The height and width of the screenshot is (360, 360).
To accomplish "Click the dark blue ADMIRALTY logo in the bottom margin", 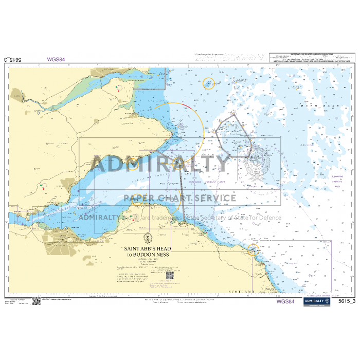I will [x=316, y=302].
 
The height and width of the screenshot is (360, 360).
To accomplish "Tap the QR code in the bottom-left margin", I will [x=36, y=301].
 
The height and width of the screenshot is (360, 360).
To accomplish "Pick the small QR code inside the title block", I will [x=170, y=276].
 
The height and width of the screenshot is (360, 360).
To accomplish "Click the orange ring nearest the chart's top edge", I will [x=208, y=83].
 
